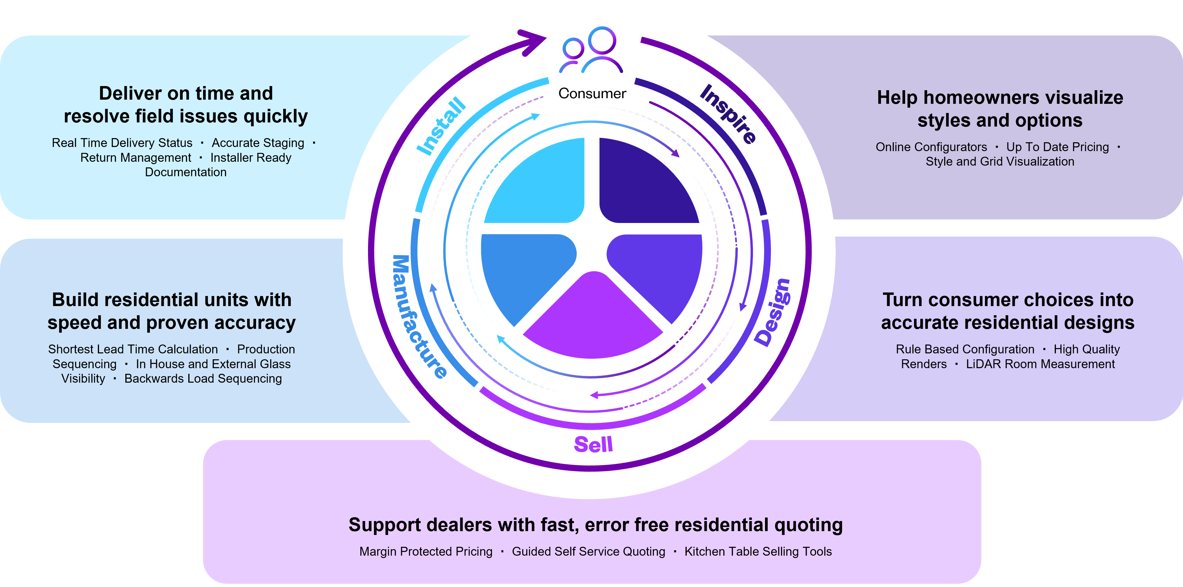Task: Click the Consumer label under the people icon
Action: coord(592,94)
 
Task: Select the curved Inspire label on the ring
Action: coord(728,114)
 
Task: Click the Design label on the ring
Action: coord(773,312)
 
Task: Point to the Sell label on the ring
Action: coord(593,444)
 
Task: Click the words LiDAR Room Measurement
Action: coord(1040,364)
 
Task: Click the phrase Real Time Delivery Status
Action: coord(122,143)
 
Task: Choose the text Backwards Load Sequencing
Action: coord(203,379)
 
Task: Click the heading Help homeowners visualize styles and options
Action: coord(1000,109)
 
